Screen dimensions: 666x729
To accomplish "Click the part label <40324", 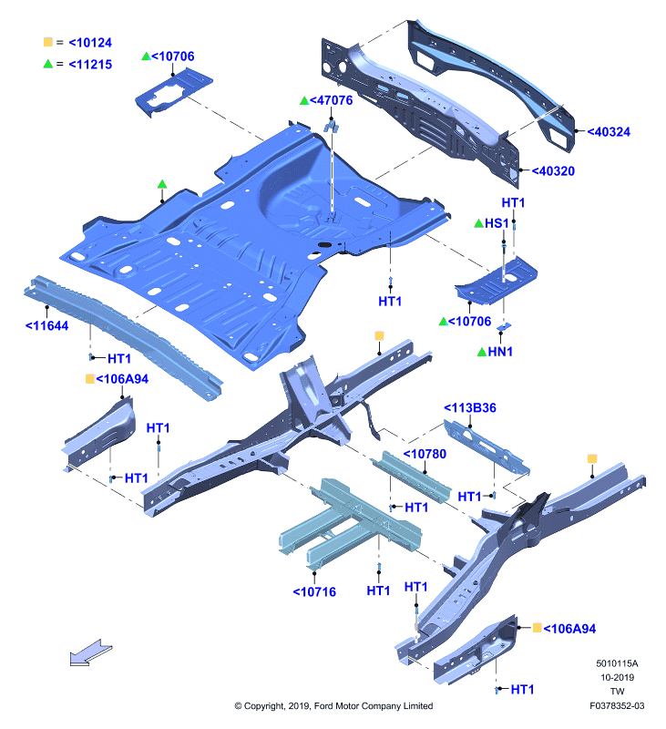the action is [x=609, y=132].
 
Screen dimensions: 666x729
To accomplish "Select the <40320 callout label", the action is [x=553, y=171].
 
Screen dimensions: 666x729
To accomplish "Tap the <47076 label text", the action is [x=331, y=100].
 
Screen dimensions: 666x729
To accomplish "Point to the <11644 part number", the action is [x=46, y=326].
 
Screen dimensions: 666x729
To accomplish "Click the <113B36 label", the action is [x=470, y=407].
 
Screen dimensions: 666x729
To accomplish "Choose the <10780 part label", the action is [x=425, y=454].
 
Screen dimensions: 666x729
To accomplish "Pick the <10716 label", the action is [x=314, y=591].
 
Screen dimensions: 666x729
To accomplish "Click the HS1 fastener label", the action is [x=497, y=223].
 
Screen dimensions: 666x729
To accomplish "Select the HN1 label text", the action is [x=500, y=352].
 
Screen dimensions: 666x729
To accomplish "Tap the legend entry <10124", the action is [x=90, y=43].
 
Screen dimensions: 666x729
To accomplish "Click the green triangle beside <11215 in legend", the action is [x=48, y=64].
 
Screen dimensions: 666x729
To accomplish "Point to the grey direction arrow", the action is [x=91, y=652].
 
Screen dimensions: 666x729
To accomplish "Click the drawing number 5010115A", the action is [x=617, y=663].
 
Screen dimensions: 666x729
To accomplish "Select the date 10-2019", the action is [x=617, y=677].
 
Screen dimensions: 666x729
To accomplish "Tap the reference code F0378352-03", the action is [x=617, y=705].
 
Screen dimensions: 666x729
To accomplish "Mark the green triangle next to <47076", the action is [x=304, y=100].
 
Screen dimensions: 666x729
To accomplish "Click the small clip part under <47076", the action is [x=331, y=127].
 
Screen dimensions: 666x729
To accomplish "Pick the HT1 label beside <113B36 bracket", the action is [x=469, y=497].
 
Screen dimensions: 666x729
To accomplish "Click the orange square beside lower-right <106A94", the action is [x=537, y=628].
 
